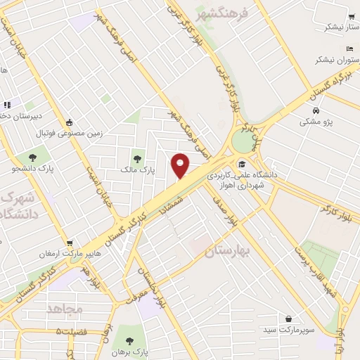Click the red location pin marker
pyautogui.click(x=180, y=165)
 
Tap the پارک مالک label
pyautogui.click(x=137, y=170)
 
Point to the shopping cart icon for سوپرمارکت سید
pyautogui.click(x=289, y=318)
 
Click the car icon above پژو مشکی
pyautogui.click(x=316, y=110)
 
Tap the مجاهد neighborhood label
pyautogui.click(x=65, y=309)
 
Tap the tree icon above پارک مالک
pyautogui.click(x=137, y=158)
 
